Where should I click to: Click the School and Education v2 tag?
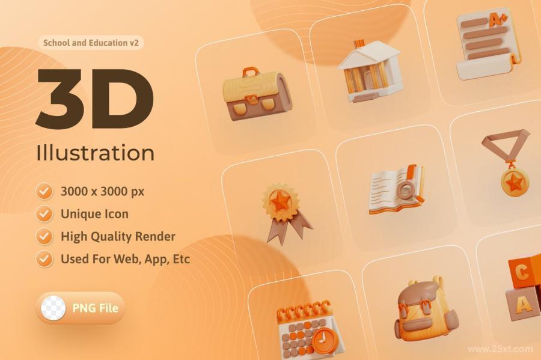click(x=91, y=43)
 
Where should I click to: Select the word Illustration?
click(x=96, y=153)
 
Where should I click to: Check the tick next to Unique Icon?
click(x=44, y=214)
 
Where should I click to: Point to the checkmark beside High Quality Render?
click(x=44, y=237)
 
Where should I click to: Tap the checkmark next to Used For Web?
click(x=44, y=259)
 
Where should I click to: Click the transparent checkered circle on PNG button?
click(x=53, y=308)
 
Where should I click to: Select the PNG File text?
click(x=95, y=308)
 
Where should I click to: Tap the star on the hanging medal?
click(x=515, y=182)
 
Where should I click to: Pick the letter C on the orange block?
click(x=522, y=272)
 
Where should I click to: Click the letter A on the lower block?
click(x=524, y=305)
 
